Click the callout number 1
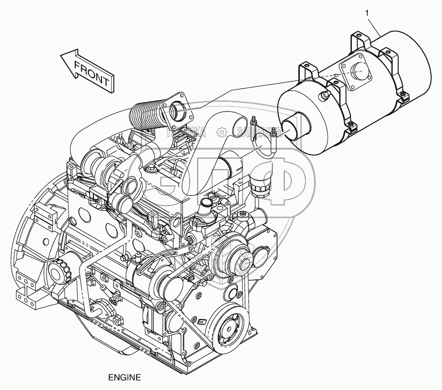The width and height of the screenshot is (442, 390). [367, 12]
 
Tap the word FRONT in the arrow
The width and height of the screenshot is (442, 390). [92, 74]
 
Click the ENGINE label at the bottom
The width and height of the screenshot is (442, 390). [124, 377]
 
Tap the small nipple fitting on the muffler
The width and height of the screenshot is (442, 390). [325, 95]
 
